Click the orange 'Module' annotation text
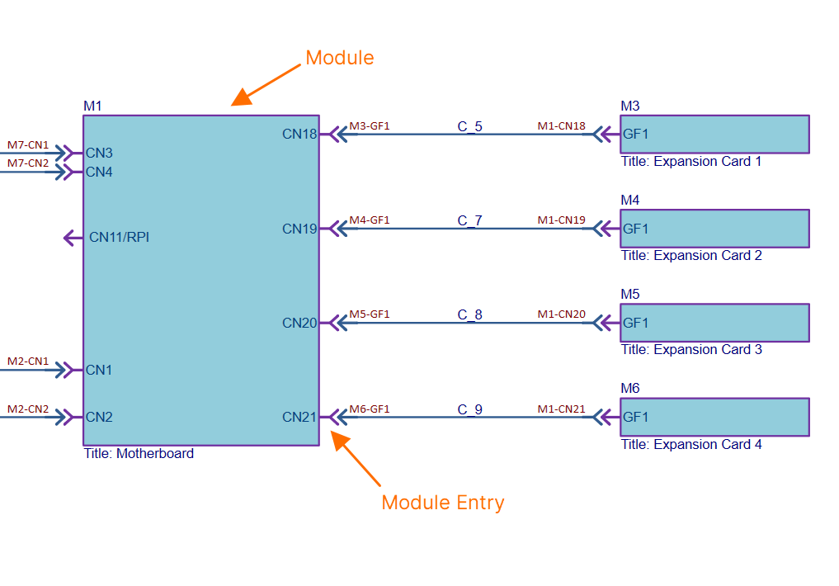pyautogui.click(x=339, y=58)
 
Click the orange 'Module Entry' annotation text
pyautogui.click(x=442, y=503)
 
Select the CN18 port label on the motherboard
pyautogui.click(x=299, y=134)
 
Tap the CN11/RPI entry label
pyautogui.click(x=119, y=238)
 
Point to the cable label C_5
pyautogui.click(x=470, y=126)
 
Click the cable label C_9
pyautogui.click(x=470, y=409)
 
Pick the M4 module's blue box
pyautogui.click(x=714, y=229)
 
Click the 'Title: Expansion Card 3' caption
pyautogui.click(x=691, y=350)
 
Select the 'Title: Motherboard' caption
pyautogui.click(x=139, y=453)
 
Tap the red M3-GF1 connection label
pyautogui.click(x=369, y=126)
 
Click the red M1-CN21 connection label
pyautogui.click(x=561, y=409)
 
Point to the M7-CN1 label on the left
pyautogui.click(x=28, y=145)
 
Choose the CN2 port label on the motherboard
pyautogui.click(x=99, y=417)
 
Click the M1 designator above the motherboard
pyautogui.click(x=92, y=106)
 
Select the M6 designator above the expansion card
pyautogui.click(x=629, y=389)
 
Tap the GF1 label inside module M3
pyautogui.click(x=635, y=135)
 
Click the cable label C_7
pyautogui.click(x=470, y=220)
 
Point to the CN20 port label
pyautogui.click(x=299, y=323)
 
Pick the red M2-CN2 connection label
pyautogui.click(x=28, y=409)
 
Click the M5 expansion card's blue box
pyautogui.click(x=714, y=323)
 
